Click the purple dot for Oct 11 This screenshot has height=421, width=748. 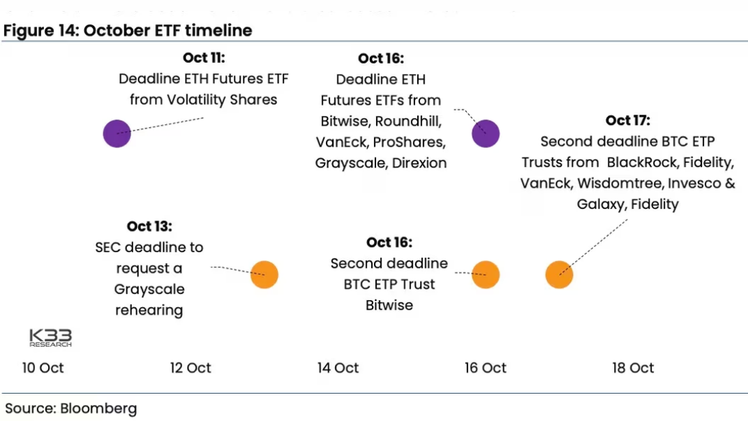117,133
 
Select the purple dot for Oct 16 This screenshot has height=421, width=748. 486,133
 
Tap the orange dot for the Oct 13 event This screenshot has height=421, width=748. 264,275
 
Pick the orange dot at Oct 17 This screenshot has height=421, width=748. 559,275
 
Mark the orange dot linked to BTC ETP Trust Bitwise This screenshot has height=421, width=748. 486,275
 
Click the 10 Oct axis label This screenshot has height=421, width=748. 43,368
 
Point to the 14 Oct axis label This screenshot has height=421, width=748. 338,368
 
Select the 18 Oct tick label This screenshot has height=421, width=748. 633,368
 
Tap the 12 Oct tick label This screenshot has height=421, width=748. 190,368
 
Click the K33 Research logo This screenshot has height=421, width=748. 50,338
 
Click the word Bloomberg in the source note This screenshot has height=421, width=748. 99,408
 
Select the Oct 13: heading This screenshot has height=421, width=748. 149,226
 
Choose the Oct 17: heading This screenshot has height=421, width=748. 628,120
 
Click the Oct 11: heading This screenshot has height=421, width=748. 204,58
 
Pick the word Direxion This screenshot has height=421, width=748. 419,163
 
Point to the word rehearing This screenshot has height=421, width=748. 149,310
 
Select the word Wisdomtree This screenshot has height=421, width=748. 620,184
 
